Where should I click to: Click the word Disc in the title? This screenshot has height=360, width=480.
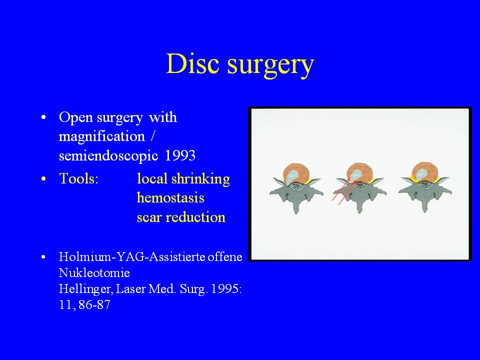point(192,63)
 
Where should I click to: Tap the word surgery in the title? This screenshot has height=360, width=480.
point(270,66)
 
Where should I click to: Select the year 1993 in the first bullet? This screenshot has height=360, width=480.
point(180,155)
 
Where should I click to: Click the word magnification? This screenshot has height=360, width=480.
point(101,136)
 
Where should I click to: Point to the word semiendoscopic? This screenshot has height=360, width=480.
point(108,156)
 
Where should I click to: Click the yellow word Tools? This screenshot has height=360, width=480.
point(78,178)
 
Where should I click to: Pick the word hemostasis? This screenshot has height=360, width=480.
point(170,197)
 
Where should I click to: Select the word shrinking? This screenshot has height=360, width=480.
point(200,179)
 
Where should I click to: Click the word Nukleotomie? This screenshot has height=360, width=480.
point(94,273)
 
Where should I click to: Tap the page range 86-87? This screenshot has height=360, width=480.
point(94,305)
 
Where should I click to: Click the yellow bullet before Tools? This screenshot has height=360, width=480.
point(43,178)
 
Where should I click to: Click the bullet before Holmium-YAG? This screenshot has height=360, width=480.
point(43,257)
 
